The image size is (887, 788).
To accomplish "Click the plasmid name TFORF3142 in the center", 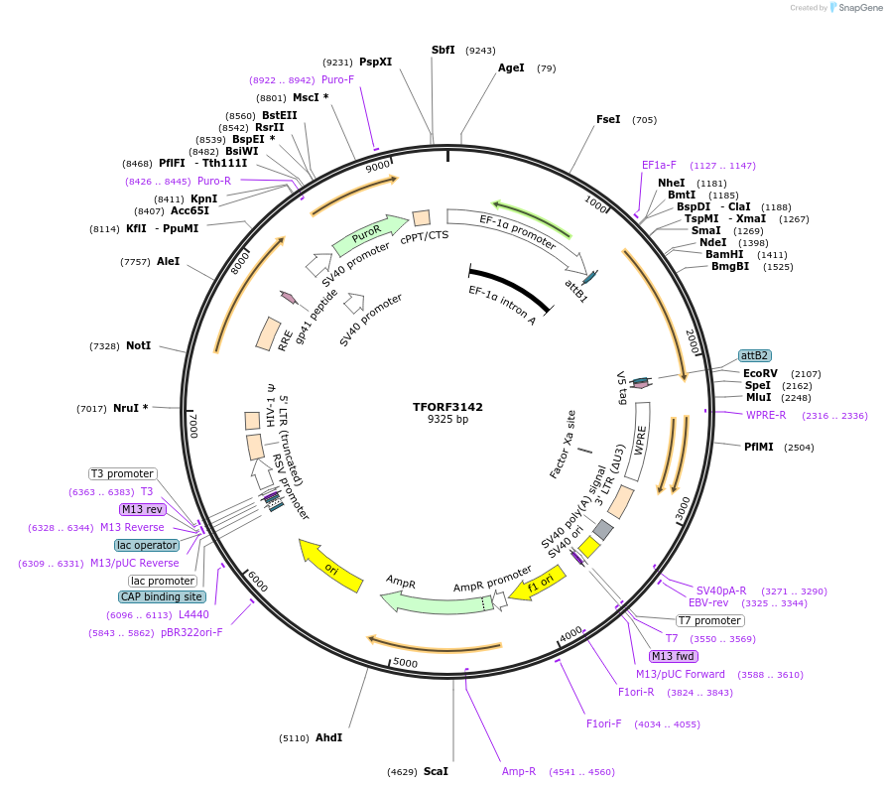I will (x=447, y=407).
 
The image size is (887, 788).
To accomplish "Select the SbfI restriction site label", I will (x=443, y=50).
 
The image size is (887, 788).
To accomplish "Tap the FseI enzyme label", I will (x=608, y=119).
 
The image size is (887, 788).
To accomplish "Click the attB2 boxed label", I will (x=754, y=355).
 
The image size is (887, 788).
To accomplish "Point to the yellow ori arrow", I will (x=330, y=567).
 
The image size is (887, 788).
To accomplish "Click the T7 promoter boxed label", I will (x=710, y=620).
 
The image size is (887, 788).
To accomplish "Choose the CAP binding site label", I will (x=163, y=596).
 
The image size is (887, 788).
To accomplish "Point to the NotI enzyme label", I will (x=138, y=345).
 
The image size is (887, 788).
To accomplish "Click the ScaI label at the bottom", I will (x=436, y=771).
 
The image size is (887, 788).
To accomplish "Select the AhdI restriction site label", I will (x=328, y=737).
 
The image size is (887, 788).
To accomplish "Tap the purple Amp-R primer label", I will (x=519, y=771).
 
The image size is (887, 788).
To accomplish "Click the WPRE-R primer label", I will (x=766, y=415).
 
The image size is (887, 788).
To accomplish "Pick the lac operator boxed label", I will (x=147, y=545).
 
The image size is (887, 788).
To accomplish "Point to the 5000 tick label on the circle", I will (x=405, y=662).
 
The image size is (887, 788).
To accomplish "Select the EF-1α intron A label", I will (x=502, y=306).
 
